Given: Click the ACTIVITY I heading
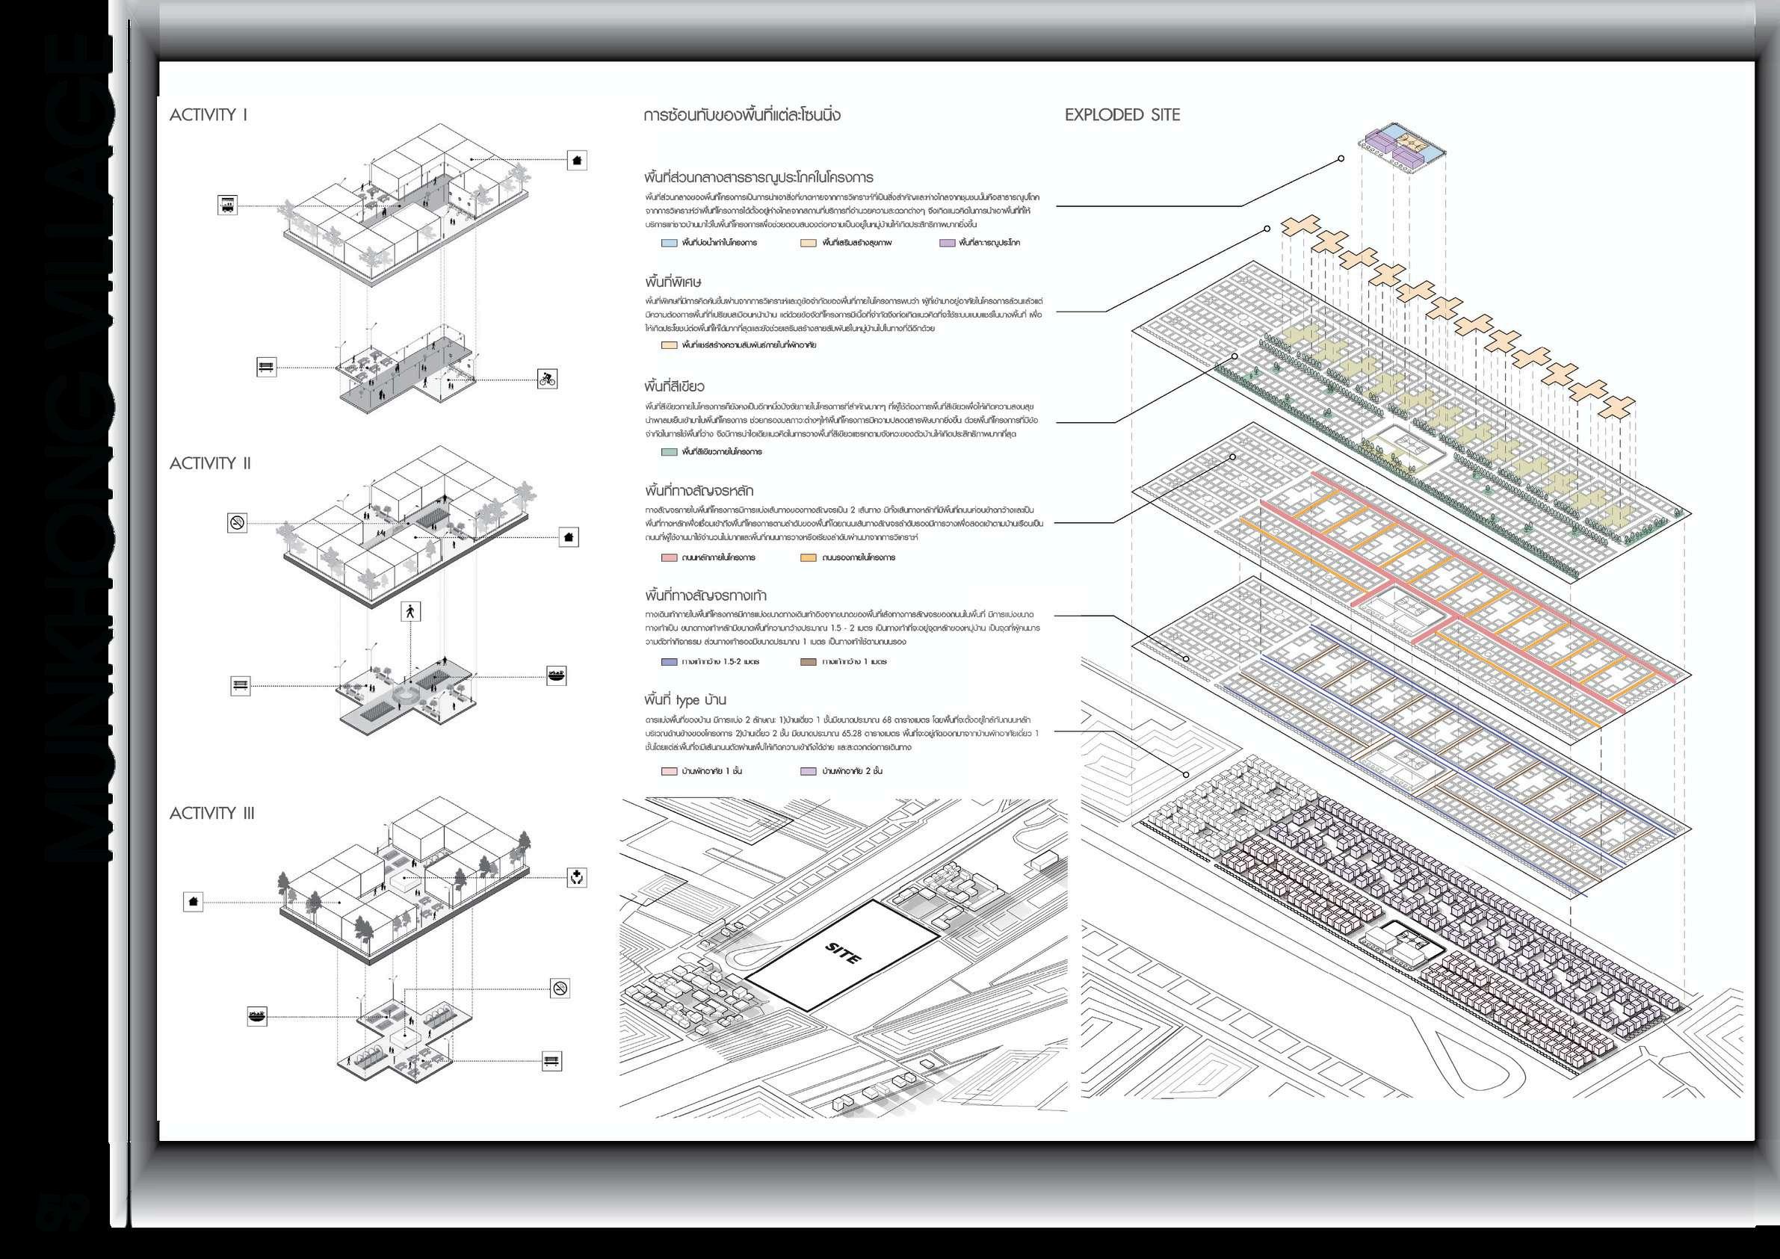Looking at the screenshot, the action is [x=208, y=115].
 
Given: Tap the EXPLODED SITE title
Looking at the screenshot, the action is [x=1122, y=115].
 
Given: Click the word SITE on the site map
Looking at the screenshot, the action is [x=844, y=953].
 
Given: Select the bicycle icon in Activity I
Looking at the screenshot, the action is [x=547, y=379].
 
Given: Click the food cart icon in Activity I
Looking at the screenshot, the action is [x=227, y=205].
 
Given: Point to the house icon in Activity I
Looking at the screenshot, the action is [x=576, y=161].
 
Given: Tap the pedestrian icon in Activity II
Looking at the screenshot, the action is [x=410, y=612].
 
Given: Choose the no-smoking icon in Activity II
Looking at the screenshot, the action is [x=237, y=522].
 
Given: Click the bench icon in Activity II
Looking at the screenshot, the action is [x=241, y=685].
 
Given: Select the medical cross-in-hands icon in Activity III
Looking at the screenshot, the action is [x=577, y=878].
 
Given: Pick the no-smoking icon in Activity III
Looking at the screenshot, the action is [x=560, y=988].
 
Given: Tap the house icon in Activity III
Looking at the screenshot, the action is [x=193, y=902].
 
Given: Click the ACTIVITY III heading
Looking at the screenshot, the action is [x=211, y=813].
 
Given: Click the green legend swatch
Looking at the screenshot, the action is [x=669, y=451].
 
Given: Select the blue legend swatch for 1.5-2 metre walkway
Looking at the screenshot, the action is [x=669, y=662].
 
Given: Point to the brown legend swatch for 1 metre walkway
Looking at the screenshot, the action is [x=808, y=662].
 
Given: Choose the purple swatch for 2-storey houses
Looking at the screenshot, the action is [x=808, y=771].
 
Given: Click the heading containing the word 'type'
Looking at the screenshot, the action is [x=685, y=700].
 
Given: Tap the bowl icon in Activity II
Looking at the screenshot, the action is [x=556, y=675].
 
